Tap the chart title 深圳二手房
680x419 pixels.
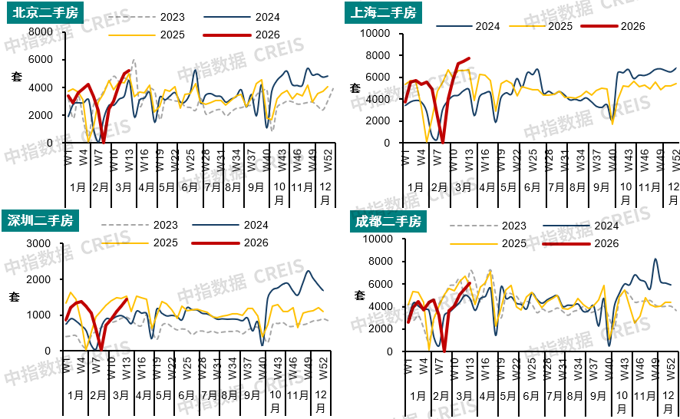click(40, 221)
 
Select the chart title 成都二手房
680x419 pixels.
click(388, 222)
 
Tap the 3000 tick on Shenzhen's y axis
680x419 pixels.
click(40, 242)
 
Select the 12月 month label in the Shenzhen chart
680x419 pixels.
click(325, 401)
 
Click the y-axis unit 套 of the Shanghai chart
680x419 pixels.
click(355, 88)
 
